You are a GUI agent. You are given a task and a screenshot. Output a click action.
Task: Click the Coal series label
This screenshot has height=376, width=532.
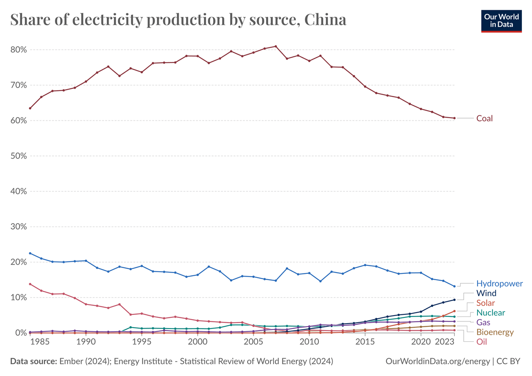click(x=485, y=119)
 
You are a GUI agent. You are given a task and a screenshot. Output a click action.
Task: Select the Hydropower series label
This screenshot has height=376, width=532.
click(x=500, y=284)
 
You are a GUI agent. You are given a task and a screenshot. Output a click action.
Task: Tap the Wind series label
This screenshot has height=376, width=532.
click(x=486, y=293)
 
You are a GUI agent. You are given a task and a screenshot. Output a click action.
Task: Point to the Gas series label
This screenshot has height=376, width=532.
click(x=484, y=322)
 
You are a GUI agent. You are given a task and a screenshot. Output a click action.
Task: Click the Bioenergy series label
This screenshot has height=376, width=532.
click(x=495, y=332)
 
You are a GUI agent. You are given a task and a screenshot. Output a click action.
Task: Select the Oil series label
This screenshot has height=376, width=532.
click(x=482, y=342)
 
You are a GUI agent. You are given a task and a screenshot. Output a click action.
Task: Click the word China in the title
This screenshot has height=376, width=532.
click(x=319, y=20)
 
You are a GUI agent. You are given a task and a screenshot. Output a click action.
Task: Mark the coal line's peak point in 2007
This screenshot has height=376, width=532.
click(x=276, y=46)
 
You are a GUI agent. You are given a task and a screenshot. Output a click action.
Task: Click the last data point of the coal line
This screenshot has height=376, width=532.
click(x=454, y=118)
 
